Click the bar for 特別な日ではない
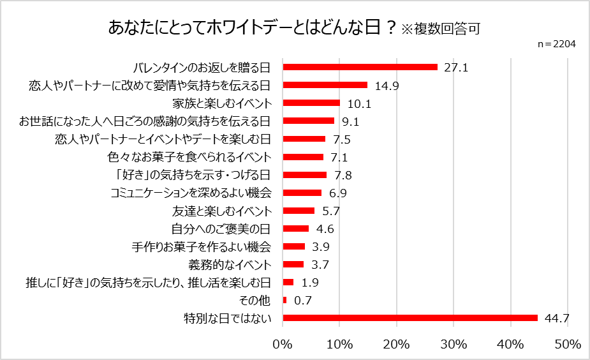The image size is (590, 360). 410,318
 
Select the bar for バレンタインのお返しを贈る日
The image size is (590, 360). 360,67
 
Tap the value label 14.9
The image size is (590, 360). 387,85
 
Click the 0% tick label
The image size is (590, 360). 283,345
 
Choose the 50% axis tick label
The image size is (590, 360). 568,345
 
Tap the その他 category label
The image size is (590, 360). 257,300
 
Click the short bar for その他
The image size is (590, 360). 284,300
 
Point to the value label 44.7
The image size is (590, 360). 557,318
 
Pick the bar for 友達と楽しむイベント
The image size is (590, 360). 299,211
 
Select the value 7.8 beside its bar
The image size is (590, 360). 343,175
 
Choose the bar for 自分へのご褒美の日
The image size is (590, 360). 295,229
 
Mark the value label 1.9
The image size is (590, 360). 309,282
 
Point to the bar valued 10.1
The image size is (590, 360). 311,103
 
